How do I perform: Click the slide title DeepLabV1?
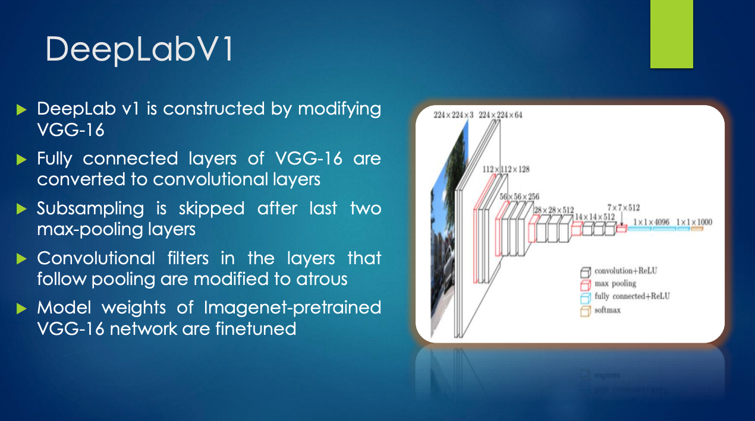[x=139, y=50]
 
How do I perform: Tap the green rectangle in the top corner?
[x=671, y=34]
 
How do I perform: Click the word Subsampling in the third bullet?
[x=90, y=209]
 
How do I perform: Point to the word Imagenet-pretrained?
[x=292, y=308]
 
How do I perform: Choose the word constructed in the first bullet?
[x=214, y=109]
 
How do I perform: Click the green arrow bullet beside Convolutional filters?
[x=21, y=259]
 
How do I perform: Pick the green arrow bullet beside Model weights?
[x=21, y=308]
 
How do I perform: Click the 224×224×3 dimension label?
[x=454, y=115]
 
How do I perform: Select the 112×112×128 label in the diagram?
[x=506, y=169]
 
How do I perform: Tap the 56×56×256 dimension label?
[x=520, y=197]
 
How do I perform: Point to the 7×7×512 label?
[x=624, y=208]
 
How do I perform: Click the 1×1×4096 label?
[x=651, y=222]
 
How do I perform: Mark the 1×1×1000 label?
[x=694, y=222]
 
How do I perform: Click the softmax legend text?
[x=608, y=310]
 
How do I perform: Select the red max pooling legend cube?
[x=586, y=284]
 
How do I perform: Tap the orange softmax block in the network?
[x=697, y=229]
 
